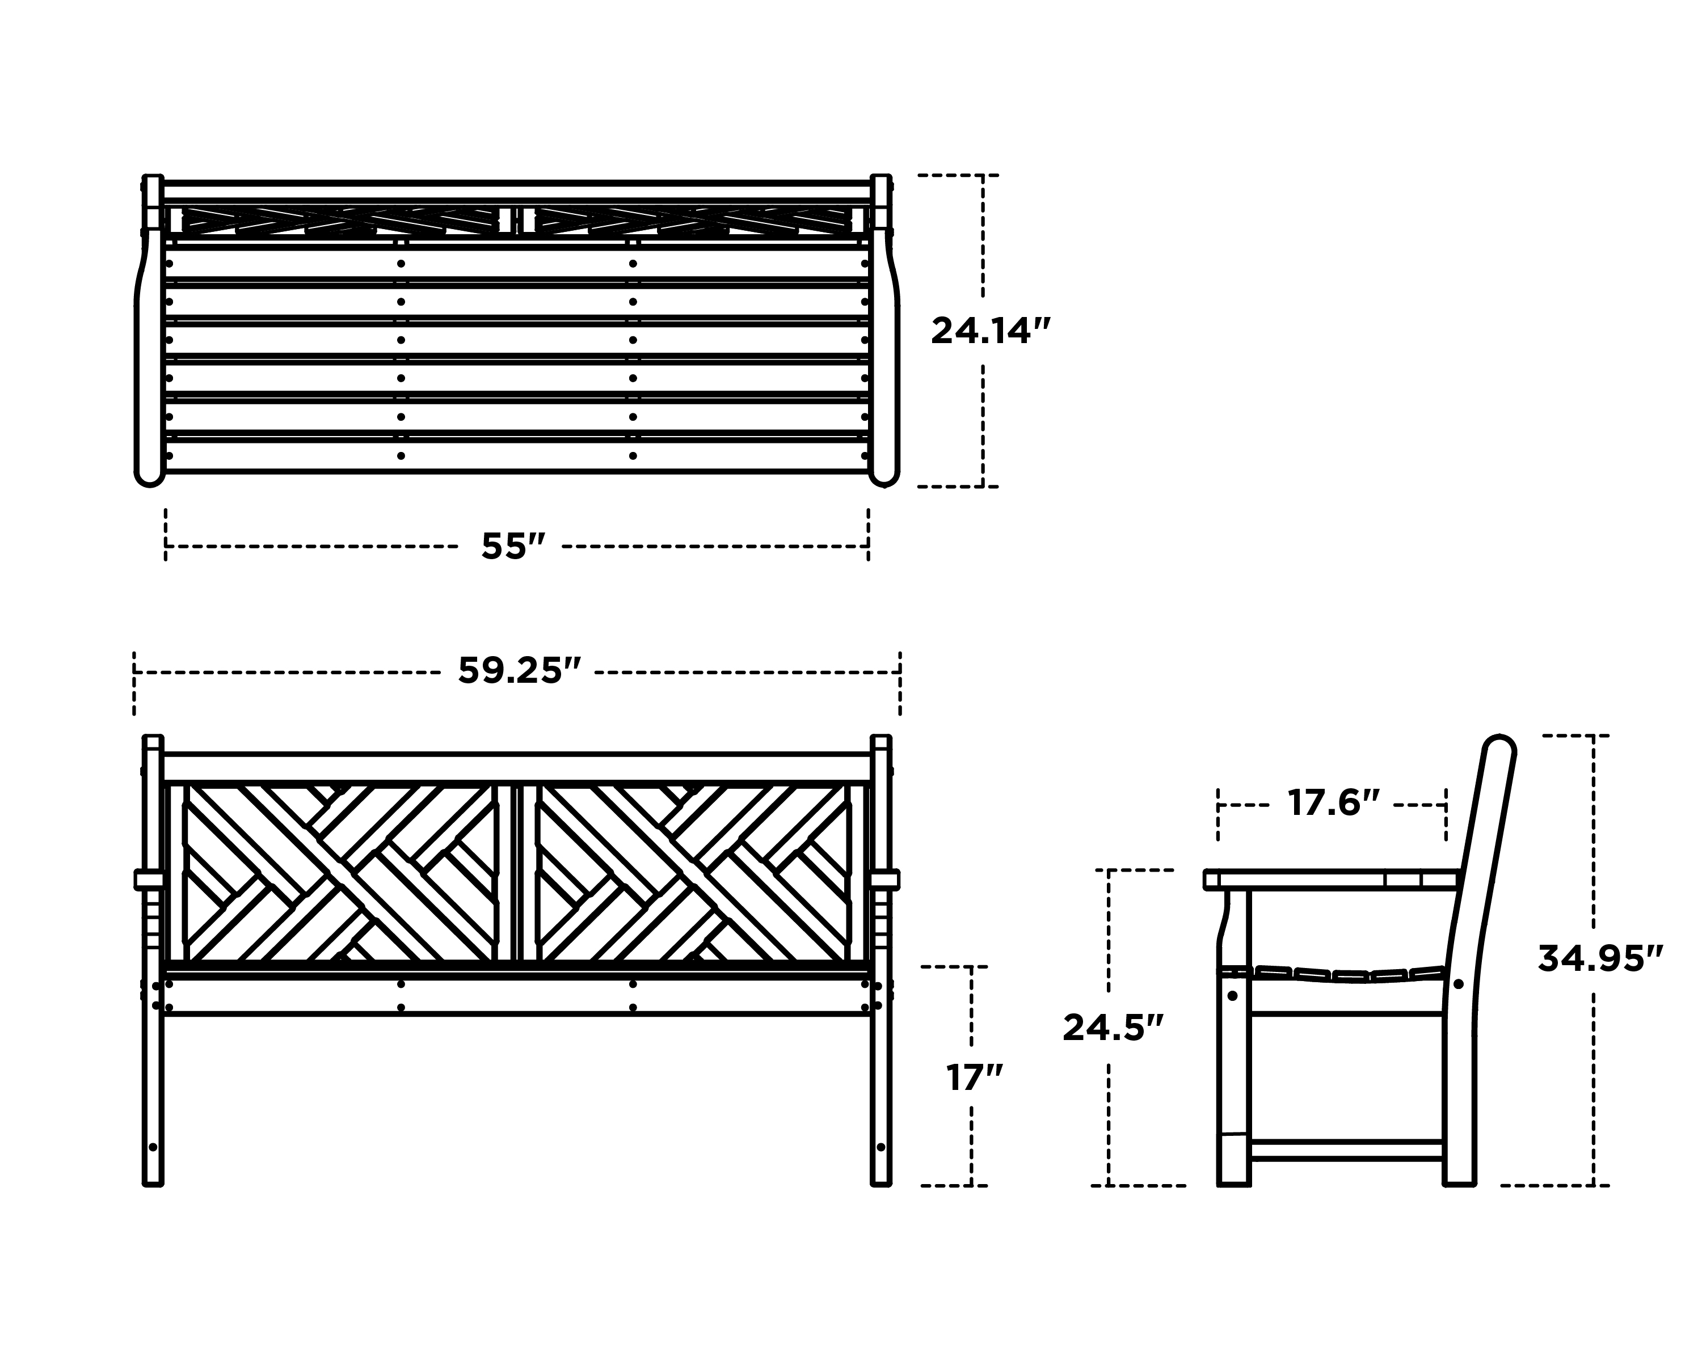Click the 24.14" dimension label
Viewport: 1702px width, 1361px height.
pyautogui.click(x=992, y=331)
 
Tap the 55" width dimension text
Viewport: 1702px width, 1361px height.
pyautogui.click(x=514, y=546)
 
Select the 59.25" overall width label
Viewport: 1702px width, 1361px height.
pyautogui.click(x=520, y=671)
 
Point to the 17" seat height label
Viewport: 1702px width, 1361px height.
pyautogui.click(x=975, y=1078)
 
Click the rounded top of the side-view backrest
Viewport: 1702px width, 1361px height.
pyautogui.click(x=1500, y=746)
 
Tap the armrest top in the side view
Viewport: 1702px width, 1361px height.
pyautogui.click(x=1332, y=879)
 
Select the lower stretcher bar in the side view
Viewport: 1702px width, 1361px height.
pyautogui.click(x=1347, y=1149)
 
